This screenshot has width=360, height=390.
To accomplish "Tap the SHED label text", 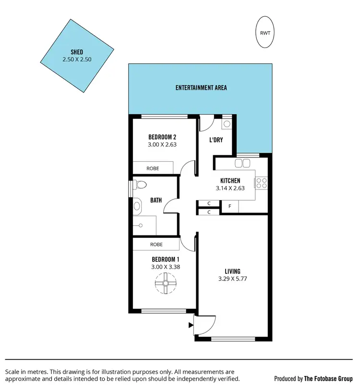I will coord(76,52).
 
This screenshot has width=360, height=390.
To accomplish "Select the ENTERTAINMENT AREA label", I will coord(201,88).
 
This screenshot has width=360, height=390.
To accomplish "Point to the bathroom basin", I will coord(137,206).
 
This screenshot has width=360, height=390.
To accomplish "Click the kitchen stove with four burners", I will coord(262,183).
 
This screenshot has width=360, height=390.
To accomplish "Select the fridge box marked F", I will coord(230,207).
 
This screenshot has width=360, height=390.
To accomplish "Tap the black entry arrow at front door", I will coord(191,325).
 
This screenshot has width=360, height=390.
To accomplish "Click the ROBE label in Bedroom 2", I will coord(153,168).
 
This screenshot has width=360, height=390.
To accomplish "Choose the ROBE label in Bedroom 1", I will coord(156,244).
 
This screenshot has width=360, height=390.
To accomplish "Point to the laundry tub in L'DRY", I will coord(227,123).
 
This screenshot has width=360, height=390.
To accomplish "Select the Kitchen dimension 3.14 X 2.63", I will coord(229,188).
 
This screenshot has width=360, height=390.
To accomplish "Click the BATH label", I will coord(156,201).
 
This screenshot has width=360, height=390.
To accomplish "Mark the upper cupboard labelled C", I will coord(209,203).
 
